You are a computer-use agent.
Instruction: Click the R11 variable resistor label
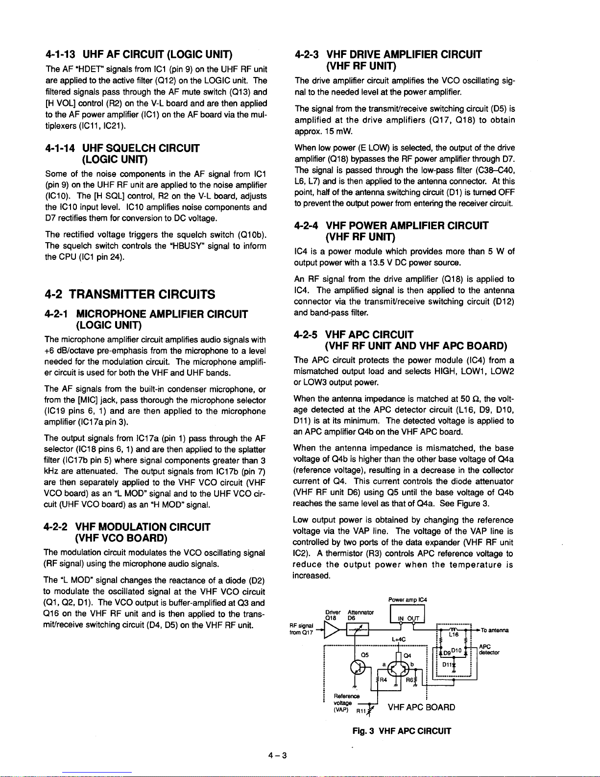coord(361,711)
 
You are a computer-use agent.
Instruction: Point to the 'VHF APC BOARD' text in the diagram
coord(421,707)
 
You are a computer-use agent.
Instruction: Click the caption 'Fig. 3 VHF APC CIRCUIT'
coord(402,731)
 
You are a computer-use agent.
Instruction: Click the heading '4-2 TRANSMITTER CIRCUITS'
coord(130,294)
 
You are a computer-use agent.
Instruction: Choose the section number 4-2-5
coord(308,335)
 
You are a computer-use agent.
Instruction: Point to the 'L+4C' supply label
coord(399,639)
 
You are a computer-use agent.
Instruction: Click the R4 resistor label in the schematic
coord(383,679)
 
